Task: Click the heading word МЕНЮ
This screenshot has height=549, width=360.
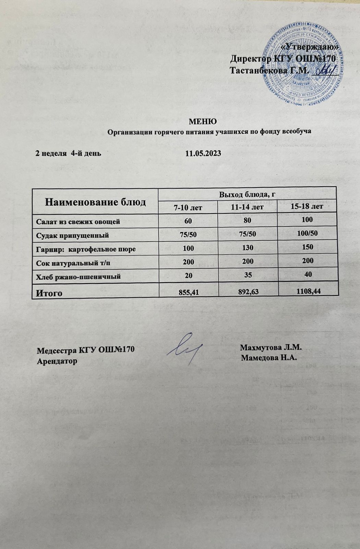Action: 203,121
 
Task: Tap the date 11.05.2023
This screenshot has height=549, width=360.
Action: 203,153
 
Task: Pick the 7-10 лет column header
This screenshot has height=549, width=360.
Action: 188,208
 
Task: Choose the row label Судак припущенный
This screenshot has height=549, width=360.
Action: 73,235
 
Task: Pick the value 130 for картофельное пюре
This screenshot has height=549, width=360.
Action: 248,248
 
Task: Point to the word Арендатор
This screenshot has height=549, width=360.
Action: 57,361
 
